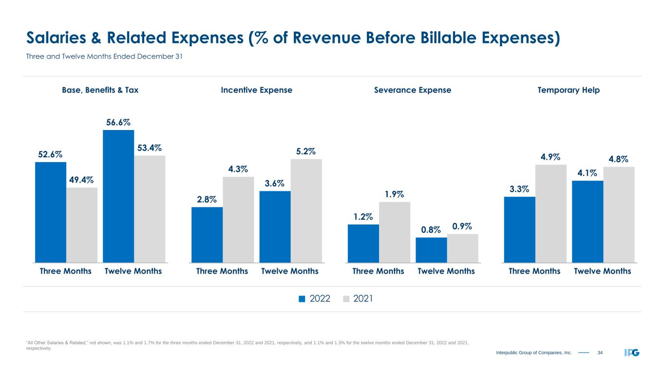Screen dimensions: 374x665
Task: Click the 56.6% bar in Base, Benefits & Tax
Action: coord(118,196)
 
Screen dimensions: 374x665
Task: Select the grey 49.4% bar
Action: coord(82,224)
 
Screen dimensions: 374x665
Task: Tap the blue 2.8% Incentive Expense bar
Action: coord(207,234)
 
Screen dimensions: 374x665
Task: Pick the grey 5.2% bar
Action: coord(306,210)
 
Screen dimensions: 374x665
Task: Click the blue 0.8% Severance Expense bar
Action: coord(431,249)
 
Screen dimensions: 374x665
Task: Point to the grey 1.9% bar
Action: coord(395,232)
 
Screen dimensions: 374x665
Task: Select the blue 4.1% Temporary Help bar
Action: coord(588,221)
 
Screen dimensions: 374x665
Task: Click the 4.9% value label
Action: coord(551,157)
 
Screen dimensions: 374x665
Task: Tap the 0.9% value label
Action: coord(462,226)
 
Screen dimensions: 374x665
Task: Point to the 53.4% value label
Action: coord(150,148)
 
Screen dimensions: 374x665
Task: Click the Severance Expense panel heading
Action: coord(413,90)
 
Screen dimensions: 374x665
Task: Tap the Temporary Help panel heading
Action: coord(569,90)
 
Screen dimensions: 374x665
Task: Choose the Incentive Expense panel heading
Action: coord(257,90)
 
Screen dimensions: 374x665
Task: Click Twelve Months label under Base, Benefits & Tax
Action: coord(133,271)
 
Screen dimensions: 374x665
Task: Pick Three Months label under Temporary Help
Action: coord(534,271)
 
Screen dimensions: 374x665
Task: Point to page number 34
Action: coord(600,352)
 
